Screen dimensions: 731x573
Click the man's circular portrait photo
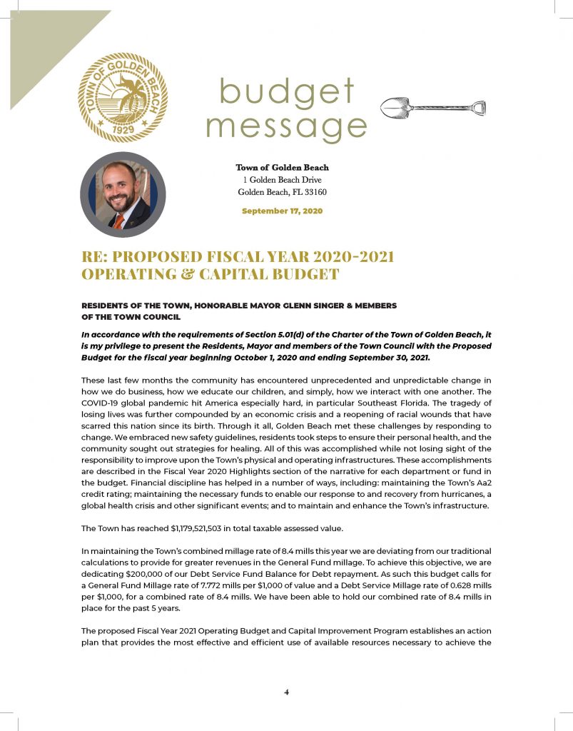tap(123, 193)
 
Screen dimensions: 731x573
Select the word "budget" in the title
tap(287, 94)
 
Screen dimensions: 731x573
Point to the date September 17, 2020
tap(283, 211)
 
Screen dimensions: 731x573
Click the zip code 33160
tap(313, 192)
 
